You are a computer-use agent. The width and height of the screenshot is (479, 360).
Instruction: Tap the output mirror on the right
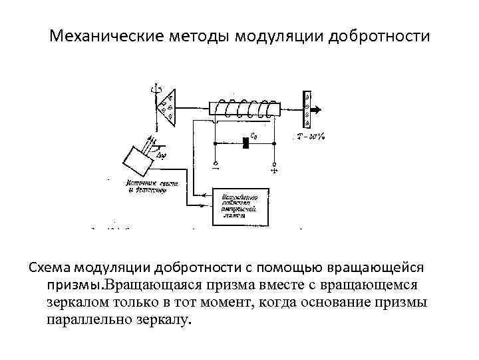coord(307,108)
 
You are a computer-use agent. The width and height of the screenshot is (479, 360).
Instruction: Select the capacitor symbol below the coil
coord(247,141)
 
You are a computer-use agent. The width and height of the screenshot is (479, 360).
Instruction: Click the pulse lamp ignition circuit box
coord(239,206)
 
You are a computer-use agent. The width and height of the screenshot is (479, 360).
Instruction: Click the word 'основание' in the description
coord(346,302)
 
